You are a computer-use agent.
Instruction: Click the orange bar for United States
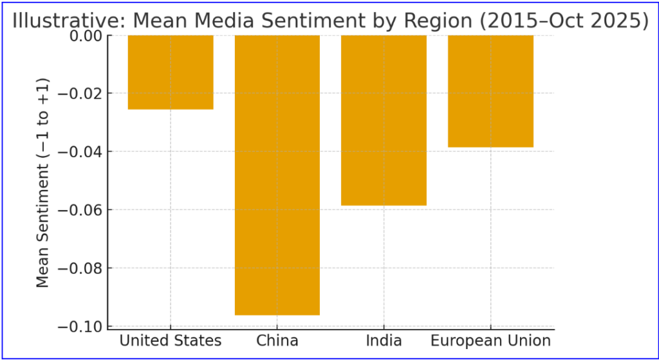[171, 72]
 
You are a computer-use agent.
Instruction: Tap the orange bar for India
[384, 120]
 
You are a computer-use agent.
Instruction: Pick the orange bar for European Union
[490, 91]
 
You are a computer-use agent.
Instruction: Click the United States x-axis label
[171, 340]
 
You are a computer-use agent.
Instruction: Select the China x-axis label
[277, 340]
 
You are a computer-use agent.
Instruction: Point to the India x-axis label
[384, 340]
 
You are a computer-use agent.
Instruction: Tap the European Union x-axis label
[490, 340]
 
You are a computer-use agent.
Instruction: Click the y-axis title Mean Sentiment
[42, 182]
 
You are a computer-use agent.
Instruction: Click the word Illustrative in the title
[68, 21]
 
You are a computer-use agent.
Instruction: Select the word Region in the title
[440, 21]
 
